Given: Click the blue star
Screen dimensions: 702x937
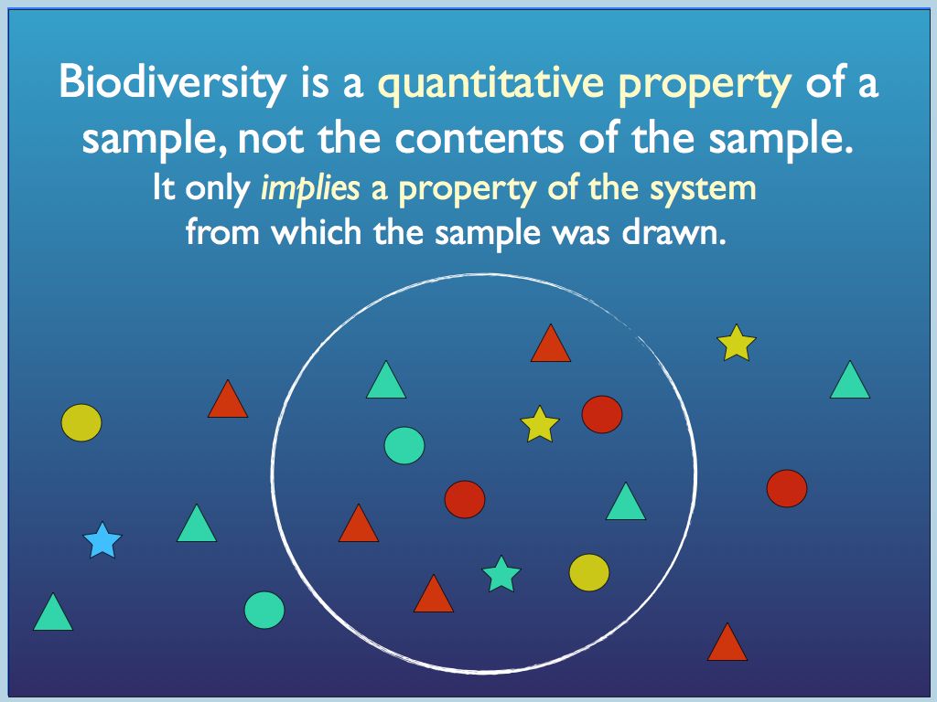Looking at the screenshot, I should [102, 541].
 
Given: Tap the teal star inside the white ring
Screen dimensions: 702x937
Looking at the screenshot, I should [501, 574].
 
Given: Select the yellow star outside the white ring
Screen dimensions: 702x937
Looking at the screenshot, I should [737, 343].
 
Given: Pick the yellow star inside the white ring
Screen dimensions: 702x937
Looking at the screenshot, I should [540, 425].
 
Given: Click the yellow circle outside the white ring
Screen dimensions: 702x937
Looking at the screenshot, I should [81, 422].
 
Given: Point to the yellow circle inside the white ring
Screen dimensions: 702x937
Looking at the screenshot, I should [589, 571].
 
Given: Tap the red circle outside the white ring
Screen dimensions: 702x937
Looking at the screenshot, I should [787, 488].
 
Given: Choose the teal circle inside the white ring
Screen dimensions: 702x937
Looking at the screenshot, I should [404, 445].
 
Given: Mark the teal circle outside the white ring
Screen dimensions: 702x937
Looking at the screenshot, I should [264, 610].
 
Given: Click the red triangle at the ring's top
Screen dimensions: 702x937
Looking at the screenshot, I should [551, 346].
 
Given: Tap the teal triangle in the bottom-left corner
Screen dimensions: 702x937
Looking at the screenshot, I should [53, 614].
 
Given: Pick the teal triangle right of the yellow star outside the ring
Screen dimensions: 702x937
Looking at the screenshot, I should [850, 382].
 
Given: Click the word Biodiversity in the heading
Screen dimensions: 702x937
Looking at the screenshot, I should [172, 83].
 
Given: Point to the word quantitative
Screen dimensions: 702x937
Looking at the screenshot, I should [491, 83].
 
